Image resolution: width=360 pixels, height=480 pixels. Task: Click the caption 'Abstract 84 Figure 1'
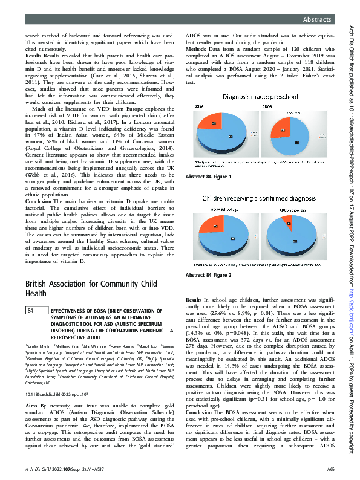[x=209, y=177]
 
